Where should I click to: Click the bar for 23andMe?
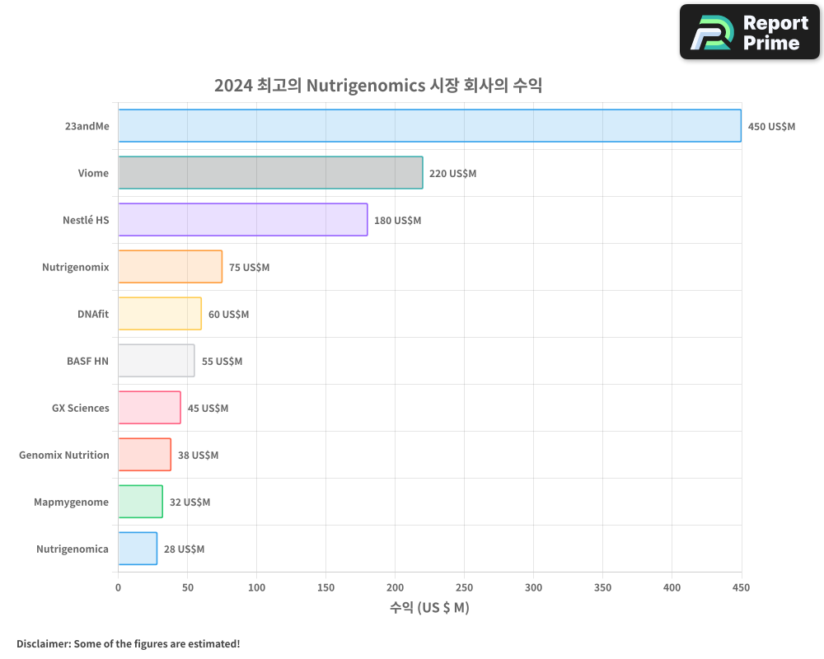point(429,126)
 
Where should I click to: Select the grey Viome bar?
point(270,173)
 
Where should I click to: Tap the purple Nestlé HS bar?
point(243,220)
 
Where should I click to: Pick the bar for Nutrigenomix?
point(171,267)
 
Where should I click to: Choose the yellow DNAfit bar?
point(160,314)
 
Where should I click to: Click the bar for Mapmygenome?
point(140,502)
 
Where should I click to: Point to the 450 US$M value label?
point(771,127)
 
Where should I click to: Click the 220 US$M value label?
point(452,174)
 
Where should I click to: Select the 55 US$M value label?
point(222,362)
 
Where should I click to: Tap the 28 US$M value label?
point(184,549)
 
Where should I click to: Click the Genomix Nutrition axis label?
point(64,455)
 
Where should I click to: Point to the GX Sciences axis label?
point(81,408)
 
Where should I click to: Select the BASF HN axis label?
point(87,361)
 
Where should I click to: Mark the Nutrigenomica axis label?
point(73,549)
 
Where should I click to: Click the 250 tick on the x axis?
point(464,587)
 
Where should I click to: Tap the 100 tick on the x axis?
point(256,587)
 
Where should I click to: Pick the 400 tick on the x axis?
point(672,587)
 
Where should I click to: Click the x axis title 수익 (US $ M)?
point(429,608)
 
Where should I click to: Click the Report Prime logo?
point(750,32)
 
